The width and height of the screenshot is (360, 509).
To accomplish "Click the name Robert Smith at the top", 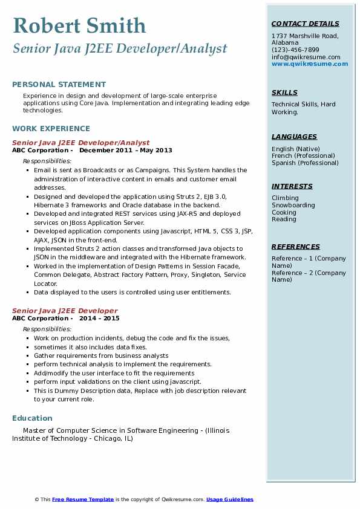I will [79, 25].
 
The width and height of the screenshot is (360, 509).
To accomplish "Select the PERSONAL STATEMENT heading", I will [59, 85].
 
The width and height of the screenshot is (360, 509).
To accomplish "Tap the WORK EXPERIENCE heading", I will [51, 128].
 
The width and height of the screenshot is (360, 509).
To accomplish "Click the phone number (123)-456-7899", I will [295, 50].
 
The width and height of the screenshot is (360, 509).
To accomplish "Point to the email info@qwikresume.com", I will [306, 57].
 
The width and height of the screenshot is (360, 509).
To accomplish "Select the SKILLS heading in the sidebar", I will [284, 92].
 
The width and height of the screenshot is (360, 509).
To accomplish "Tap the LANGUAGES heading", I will [294, 137].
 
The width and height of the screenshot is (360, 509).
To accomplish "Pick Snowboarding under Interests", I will [293, 205].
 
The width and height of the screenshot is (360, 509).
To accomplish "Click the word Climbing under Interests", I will [285, 198].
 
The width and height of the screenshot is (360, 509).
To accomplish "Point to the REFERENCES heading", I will [296, 247].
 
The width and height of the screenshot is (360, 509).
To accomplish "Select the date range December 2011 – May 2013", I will [126, 151].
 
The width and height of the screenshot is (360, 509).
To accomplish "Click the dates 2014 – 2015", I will [99, 319].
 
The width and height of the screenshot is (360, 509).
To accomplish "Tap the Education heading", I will [32, 418].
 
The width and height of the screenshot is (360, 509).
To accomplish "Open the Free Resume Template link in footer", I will [83, 499].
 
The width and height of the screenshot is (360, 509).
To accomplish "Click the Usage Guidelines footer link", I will [230, 499].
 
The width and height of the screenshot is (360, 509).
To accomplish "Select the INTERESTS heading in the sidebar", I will [292, 186].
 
